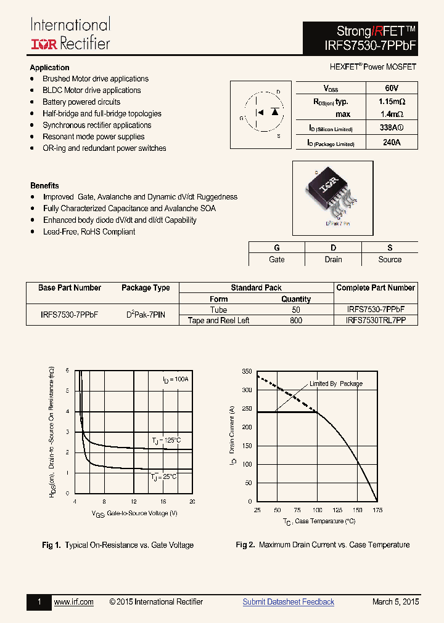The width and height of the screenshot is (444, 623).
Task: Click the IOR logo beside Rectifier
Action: (x=43, y=44)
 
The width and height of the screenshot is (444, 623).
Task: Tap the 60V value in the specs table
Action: (x=391, y=89)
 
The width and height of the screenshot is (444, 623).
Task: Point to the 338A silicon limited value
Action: (x=390, y=128)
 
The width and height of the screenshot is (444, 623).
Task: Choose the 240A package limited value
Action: (x=390, y=143)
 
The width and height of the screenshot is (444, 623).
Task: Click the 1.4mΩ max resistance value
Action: (x=390, y=114)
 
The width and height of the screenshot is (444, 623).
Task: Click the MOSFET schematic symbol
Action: (x=261, y=115)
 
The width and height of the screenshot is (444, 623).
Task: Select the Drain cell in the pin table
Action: (x=333, y=260)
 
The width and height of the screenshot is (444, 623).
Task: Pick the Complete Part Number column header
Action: (x=376, y=288)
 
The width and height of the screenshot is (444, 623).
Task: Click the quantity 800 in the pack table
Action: (x=296, y=321)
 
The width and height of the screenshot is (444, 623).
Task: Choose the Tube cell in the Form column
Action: (x=218, y=310)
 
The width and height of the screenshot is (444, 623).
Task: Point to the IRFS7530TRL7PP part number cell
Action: (x=376, y=321)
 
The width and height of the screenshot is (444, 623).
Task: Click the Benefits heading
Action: (x=44, y=185)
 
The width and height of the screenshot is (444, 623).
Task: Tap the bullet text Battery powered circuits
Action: (x=81, y=102)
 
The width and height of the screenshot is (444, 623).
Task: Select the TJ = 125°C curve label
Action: (x=166, y=440)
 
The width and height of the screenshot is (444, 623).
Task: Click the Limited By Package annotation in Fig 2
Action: (x=336, y=384)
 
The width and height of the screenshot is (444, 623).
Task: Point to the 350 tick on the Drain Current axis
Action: (x=247, y=372)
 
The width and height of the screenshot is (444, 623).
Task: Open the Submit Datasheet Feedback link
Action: (x=288, y=602)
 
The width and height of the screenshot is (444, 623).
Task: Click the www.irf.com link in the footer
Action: (x=73, y=602)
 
